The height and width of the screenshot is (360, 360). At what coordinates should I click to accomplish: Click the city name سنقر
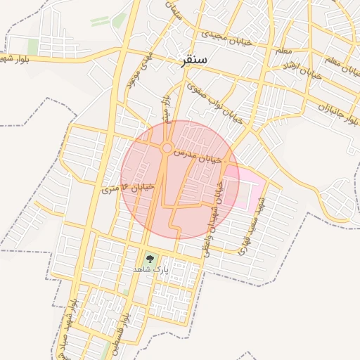(193, 61)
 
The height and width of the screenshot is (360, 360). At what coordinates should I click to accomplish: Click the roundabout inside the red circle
(167, 148)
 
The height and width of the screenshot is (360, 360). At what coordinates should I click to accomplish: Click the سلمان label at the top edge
(174, 10)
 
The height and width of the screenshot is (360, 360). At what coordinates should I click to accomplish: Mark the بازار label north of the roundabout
(167, 112)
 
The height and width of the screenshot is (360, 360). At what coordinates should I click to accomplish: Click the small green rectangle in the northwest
(33, 46)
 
